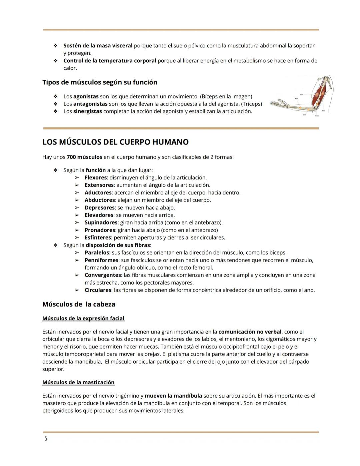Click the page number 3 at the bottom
pos(46,439)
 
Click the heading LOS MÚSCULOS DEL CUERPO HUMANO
pos(115,142)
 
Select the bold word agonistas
pos(86,96)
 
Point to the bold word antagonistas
pos(90,104)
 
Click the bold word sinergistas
pos(87,111)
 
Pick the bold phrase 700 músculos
pos(84,157)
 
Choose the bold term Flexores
pos(96,177)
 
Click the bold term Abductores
pos(100,200)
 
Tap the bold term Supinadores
pos(101,222)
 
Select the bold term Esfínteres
pos(98,238)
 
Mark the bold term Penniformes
pos(101,260)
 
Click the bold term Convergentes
pos(103,275)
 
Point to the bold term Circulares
pos(98,290)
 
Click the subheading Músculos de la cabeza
pos(79,304)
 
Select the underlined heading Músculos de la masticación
pos(78,382)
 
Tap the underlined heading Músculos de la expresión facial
pos(83,318)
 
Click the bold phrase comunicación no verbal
pos(250,332)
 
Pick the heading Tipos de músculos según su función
pos(100,82)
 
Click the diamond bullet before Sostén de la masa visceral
pos(56,46)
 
